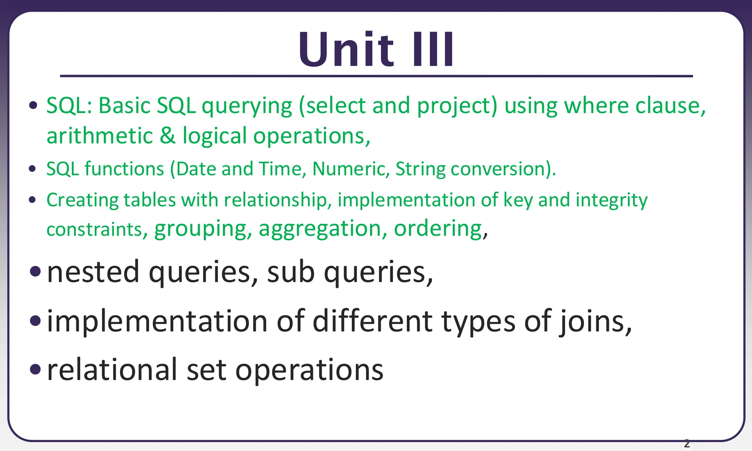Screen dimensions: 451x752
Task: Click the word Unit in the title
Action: tap(346, 50)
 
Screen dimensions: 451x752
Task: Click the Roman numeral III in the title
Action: tap(433, 50)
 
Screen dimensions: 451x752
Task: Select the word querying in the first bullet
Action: tap(247, 106)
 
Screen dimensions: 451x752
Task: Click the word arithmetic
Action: tap(100, 136)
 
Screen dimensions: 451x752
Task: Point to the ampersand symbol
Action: tap(167, 136)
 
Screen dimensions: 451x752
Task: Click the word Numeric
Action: tap(351, 169)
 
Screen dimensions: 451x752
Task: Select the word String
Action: tap(420, 169)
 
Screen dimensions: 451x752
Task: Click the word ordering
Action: tap(438, 229)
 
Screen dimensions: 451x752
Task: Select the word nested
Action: tap(93, 272)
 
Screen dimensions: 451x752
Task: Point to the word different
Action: tap(372, 321)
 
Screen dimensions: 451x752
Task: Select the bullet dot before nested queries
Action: tap(36, 272)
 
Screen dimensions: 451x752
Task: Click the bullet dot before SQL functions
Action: tap(32, 169)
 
